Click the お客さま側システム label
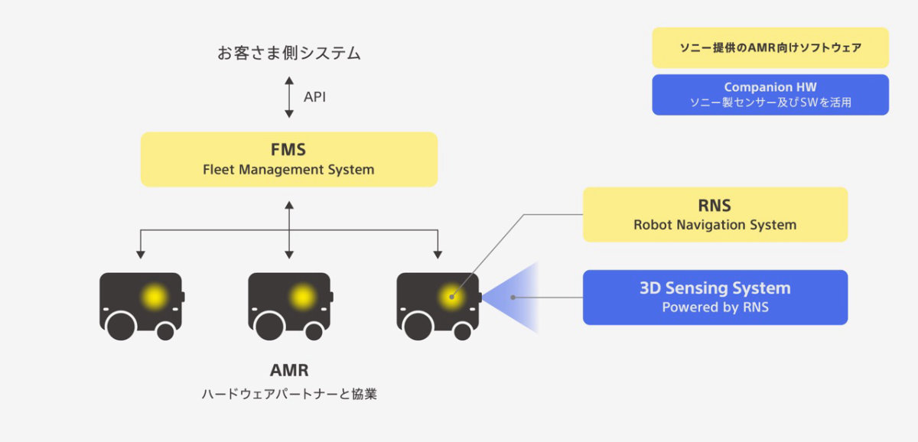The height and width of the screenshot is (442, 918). click(288, 54)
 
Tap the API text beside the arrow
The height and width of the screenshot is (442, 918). click(314, 97)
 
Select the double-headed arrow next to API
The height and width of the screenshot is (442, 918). click(289, 97)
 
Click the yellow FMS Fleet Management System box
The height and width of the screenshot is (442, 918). click(288, 159)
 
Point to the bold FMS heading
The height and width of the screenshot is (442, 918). click(288, 150)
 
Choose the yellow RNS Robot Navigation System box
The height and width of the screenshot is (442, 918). click(715, 215)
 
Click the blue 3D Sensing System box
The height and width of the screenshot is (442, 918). click(715, 297)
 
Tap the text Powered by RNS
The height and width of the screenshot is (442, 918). click(715, 308)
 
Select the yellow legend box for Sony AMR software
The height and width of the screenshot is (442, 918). click(770, 48)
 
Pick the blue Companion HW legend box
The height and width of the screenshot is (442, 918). click(770, 95)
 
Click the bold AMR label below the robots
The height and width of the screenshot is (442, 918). click(288, 371)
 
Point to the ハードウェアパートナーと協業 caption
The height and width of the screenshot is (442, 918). click(288, 395)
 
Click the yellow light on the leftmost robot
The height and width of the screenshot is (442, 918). click(154, 297)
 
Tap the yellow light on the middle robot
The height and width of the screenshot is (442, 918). click(302, 297)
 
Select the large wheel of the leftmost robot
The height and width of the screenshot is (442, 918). click(121, 326)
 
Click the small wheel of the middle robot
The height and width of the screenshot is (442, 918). click(314, 330)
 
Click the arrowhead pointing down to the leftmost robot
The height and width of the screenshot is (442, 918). click(140, 253)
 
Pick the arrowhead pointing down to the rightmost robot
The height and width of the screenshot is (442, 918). click(437, 253)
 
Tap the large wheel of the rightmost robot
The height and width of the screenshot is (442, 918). click(418, 326)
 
